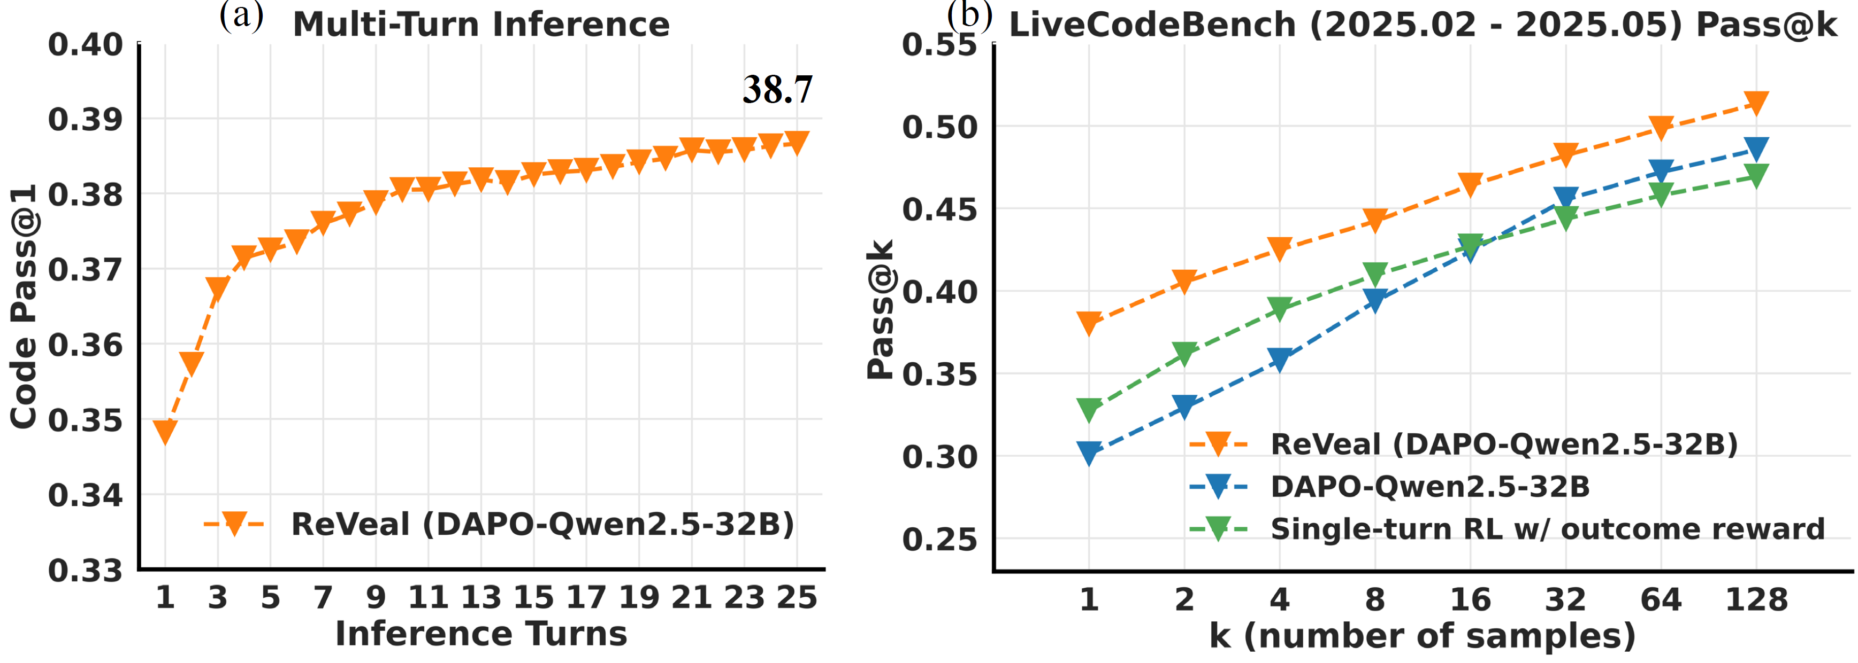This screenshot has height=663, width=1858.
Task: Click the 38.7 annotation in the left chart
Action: tap(777, 90)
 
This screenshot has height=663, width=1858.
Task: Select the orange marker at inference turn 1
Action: tap(165, 431)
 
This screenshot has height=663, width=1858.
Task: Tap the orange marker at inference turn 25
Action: tap(797, 142)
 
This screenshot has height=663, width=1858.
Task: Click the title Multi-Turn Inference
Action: tap(481, 25)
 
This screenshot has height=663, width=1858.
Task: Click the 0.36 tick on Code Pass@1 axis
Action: tap(85, 345)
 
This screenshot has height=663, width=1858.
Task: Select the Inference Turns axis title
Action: tap(481, 634)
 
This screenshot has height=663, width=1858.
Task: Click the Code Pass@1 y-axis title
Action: tap(23, 306)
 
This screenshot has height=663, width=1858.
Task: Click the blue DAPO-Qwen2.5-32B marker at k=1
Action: tap(1089, 453)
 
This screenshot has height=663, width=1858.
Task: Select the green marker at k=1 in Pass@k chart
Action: tap(1089, 409)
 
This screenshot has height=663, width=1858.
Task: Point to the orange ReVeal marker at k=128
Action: tap(1756, 103)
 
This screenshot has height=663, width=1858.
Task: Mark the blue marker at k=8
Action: tap(1375, 300)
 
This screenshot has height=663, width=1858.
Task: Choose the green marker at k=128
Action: tap(1756, 175)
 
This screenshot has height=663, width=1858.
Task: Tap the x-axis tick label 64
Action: tap(1661, 599)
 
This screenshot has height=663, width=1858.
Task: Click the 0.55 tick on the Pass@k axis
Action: tap(939, 45)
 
